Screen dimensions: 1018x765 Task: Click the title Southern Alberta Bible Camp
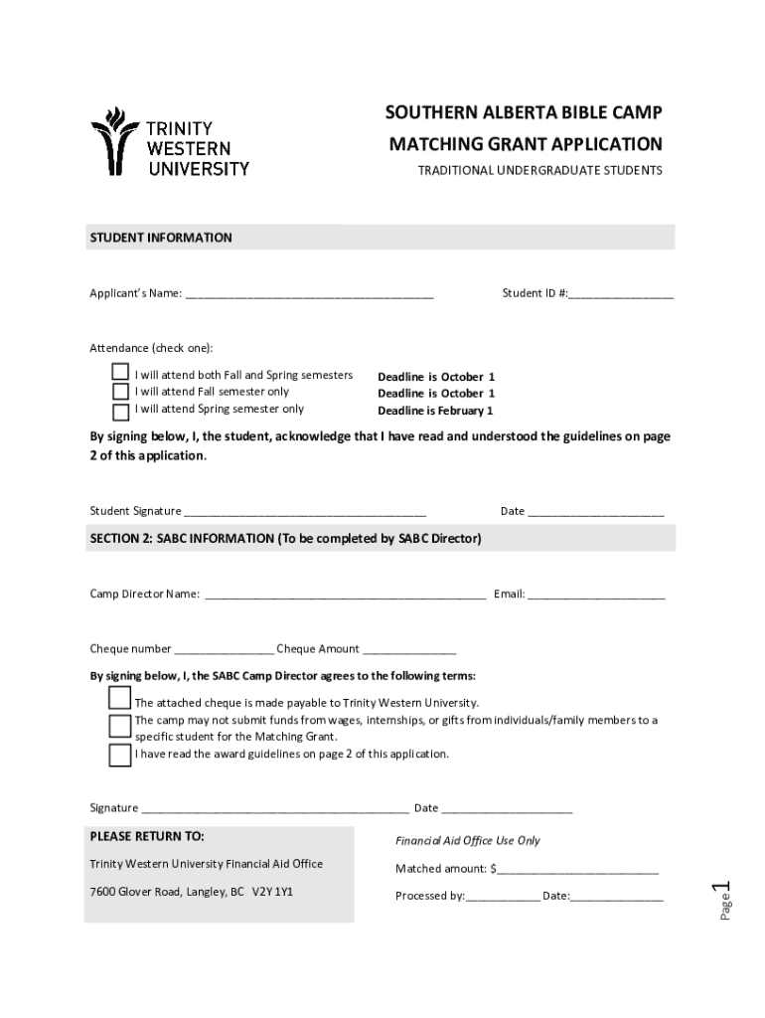click(524, 112)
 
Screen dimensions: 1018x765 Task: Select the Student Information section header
click(161, 238)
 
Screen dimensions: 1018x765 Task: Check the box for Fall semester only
click(120, 392)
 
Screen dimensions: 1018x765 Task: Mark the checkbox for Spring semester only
click(120, 411)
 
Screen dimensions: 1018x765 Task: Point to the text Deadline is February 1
click(435, 411)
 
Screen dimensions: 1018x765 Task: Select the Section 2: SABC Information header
click(286, 538)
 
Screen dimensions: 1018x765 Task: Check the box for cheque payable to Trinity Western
click(119, 698)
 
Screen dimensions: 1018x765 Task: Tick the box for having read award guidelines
click(119, 755)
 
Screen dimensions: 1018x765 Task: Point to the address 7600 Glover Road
click(191, 892)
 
